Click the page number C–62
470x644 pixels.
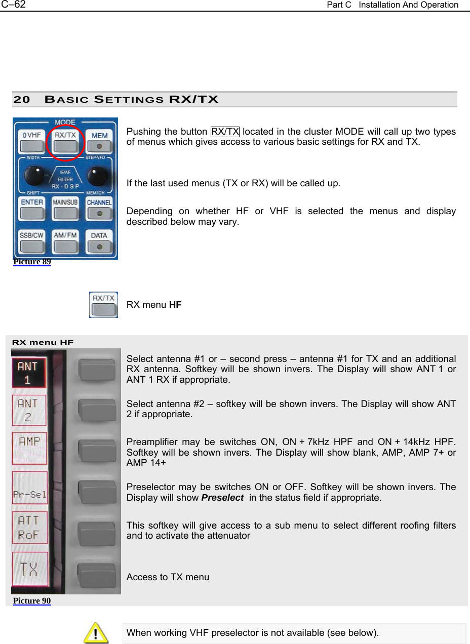[13, 5]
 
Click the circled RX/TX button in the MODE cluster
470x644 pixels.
[65, 143]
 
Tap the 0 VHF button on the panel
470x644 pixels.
[31, 143]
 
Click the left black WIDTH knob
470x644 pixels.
[33, 176]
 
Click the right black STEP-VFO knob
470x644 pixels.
[98, 176]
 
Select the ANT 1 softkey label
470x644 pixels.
[28, 373]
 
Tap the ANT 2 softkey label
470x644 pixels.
[28, 410]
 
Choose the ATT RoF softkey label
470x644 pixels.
[29, 527]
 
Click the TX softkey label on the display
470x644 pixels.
[29, 569]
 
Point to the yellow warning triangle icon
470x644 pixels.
[96, 633]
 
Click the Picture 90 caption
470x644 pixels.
[32, 601]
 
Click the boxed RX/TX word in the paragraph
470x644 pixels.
[225, 132]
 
